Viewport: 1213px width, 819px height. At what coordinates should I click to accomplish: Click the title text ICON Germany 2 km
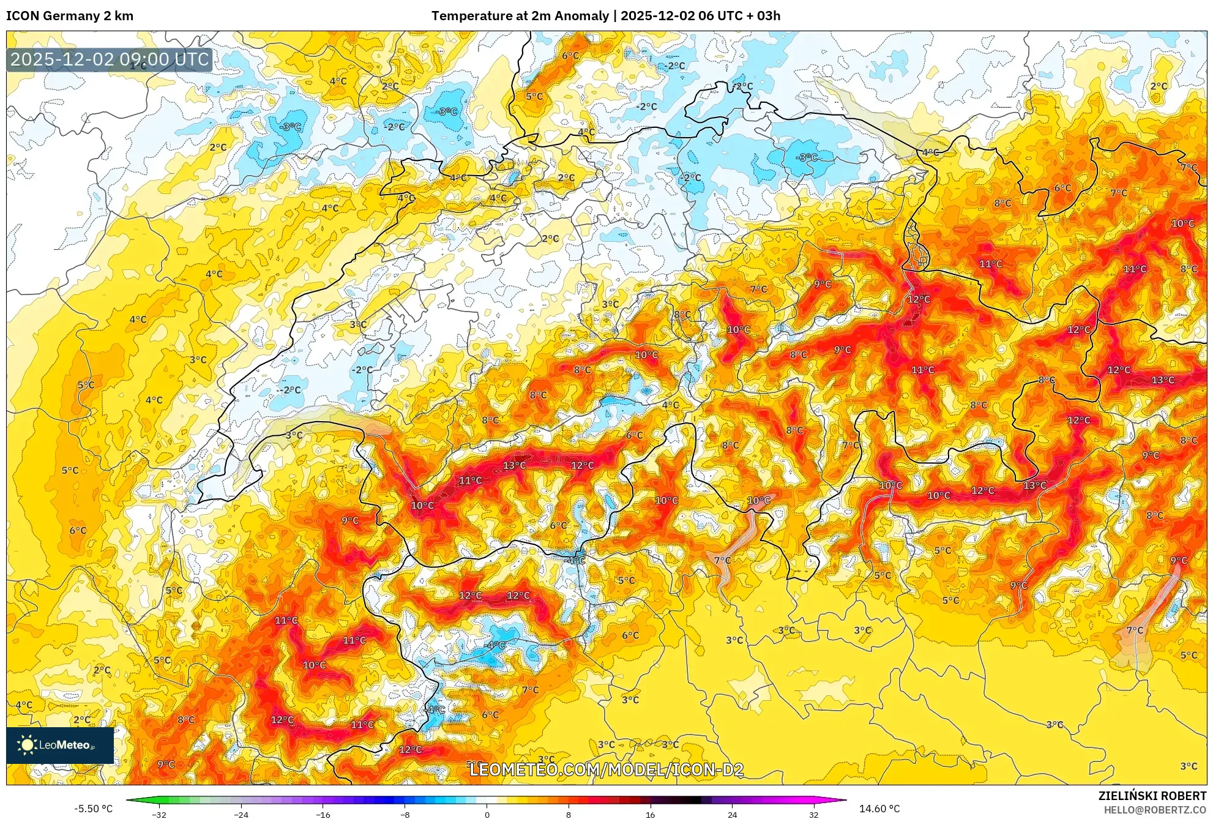click(x=70, y=16)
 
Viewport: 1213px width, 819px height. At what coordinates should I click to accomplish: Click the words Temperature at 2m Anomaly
click(x=520, y=16)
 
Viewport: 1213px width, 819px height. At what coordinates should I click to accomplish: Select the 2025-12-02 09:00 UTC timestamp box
click(x=110, y=59)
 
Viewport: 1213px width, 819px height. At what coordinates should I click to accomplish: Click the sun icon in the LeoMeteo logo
click(x=27, y=745)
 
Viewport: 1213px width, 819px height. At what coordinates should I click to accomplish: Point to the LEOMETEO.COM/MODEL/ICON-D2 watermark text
click(x=606, y=769)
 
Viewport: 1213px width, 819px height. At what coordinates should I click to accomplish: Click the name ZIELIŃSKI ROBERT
click(x=1152, y=796)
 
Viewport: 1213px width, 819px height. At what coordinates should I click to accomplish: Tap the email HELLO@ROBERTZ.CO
click(x=1154, y=810)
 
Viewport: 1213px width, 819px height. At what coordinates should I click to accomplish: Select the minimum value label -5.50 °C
click(x=94, y=809)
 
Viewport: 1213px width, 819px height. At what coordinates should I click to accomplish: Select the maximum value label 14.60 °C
click(x=879, y=809)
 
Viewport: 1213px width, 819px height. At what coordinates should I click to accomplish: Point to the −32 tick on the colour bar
click(x=159, y=815)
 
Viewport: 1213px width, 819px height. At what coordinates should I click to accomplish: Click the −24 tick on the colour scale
click(x=241, y=815)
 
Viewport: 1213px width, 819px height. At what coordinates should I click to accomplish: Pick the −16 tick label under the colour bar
click(x=323, y=815)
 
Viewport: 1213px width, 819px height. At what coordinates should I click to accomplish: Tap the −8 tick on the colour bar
click(x=405, y=815)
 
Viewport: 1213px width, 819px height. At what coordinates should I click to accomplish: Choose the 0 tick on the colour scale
click(x=487, y=815)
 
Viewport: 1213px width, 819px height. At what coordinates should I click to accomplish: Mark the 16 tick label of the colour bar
click(x=650, y=815)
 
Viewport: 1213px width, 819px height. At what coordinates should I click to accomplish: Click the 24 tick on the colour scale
click(x=732, y=815)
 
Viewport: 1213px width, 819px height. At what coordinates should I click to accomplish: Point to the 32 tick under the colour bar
click(x=813, y=815)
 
